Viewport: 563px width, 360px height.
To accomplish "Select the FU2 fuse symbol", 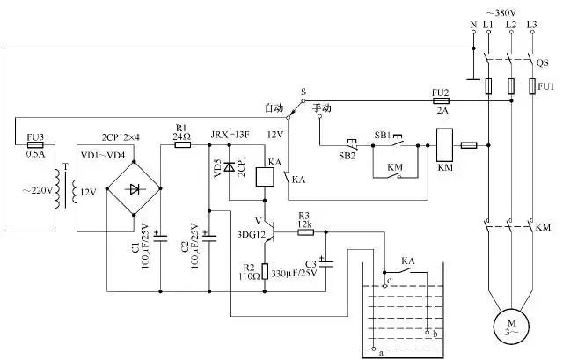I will pyautogui.click(x=442, y=100).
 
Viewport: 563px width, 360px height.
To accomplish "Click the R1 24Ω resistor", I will pyautogui.click(x=183, y=144).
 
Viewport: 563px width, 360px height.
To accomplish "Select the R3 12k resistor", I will pyautogui.click(x=304, y=231).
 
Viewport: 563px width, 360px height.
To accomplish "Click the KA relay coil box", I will pyautogui.click(x=264, y=176).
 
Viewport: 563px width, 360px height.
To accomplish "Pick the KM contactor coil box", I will pyautogui.click(x=445, y=145).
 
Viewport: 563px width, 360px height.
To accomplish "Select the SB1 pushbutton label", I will pyautogui.click(x=383, y=135).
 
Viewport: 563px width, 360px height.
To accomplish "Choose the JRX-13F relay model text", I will pyautogui.click(x=230, y=135).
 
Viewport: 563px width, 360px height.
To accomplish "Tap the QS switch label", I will pyautogui.click(x=542, y=62).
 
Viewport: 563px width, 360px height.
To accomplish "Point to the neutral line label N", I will pyautogui.click(x=472, y=24).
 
